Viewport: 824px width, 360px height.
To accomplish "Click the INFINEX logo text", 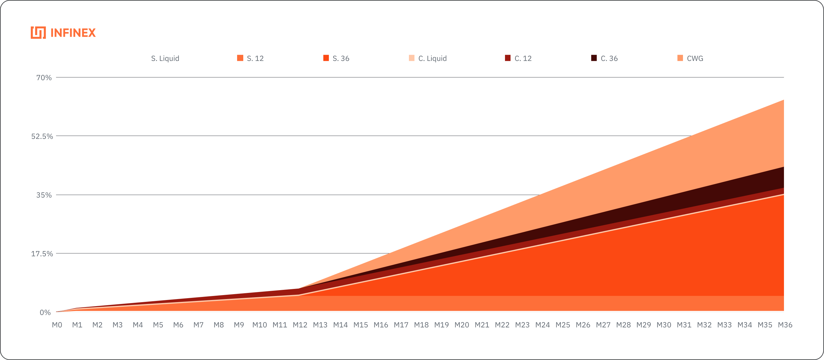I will pos(73,33).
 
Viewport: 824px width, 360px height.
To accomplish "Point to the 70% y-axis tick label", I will pos(44,78).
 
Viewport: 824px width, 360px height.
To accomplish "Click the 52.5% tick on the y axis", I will pos(42,137).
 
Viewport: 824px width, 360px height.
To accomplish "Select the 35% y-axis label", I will pos(44,195).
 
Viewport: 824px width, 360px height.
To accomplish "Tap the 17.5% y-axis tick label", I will pos(42,254).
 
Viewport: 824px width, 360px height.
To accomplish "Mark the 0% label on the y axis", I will pos(45,312).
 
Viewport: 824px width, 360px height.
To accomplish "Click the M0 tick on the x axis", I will pos(57,325).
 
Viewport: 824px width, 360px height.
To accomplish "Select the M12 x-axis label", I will pos(300,325).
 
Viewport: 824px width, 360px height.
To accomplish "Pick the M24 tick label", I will pos(543,325).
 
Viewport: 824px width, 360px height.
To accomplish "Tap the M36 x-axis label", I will pos(785,325).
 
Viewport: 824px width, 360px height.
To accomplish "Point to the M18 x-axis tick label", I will pos(421,325).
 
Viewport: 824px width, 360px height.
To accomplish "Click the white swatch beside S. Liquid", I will pos(144,58).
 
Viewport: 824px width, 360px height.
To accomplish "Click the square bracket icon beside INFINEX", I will pos(38,33).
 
